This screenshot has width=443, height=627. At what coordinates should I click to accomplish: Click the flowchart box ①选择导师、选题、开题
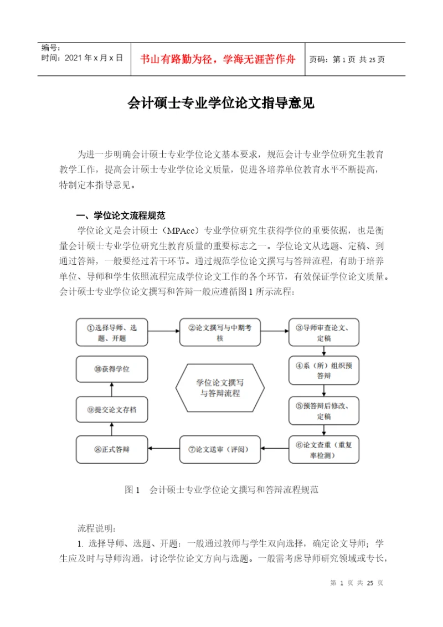pos(112,332)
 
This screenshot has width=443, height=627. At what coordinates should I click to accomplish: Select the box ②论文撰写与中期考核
pos(219,332)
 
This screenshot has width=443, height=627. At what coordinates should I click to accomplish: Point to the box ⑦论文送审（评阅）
pos(219,449)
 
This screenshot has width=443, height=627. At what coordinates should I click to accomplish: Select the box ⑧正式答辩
pos(112,449)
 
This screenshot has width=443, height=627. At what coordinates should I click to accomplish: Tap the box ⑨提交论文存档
pos(112,410)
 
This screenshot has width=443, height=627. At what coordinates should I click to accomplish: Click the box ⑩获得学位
pos(112,369)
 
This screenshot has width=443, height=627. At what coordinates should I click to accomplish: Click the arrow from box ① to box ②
pos(163,332)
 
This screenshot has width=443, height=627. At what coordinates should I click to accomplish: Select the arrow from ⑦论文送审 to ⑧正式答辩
pos(163,449)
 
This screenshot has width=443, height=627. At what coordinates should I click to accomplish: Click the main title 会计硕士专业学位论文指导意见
pos(221,103)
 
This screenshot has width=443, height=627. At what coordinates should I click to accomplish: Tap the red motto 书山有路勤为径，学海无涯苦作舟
pos(218,59)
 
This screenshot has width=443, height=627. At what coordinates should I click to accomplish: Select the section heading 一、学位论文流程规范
pos(121,215)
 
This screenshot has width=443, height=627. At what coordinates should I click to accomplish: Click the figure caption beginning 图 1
pos(221,490)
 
